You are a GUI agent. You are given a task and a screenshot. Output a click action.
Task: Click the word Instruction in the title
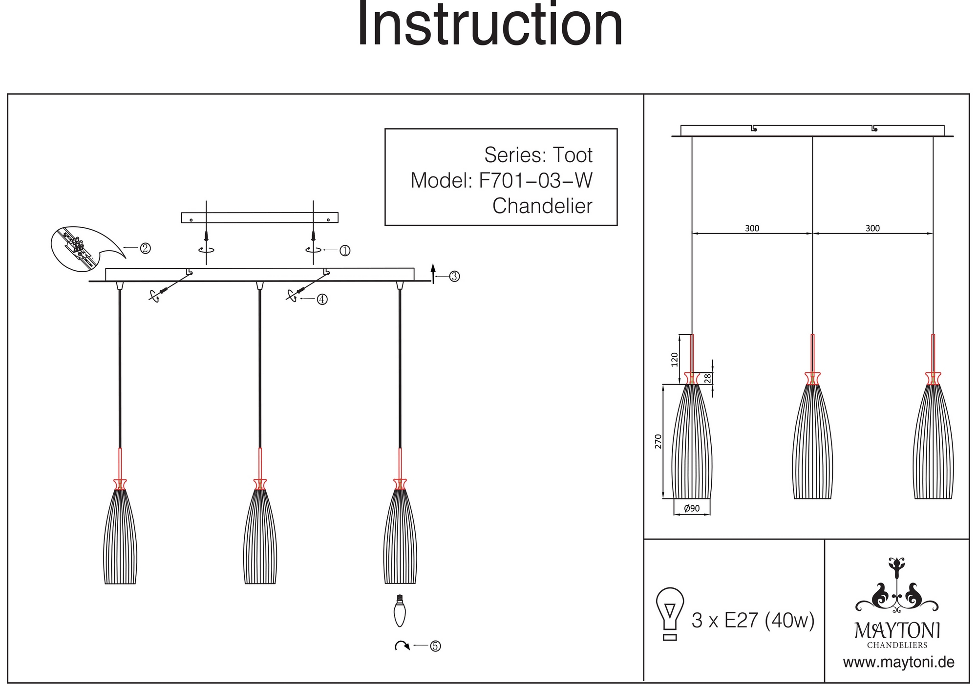coord(490,24)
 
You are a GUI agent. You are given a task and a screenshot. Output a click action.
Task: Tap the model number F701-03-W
coord(535,181)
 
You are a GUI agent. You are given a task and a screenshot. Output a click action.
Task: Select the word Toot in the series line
coord(572,155)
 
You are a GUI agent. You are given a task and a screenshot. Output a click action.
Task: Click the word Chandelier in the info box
coord(542,206)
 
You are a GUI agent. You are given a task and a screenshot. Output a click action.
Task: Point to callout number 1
coord(345,251)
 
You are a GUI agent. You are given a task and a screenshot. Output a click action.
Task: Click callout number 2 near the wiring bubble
coord(145,248)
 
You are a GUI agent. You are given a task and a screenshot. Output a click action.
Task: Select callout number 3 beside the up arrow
coord(454,277)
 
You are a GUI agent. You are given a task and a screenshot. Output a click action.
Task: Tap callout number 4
coord(322,300)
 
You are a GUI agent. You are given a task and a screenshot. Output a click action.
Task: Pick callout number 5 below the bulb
coord(435,646)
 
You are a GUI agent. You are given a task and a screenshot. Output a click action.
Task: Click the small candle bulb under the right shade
coord(400,611)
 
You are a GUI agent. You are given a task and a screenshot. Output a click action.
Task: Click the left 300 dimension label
coord(752,228)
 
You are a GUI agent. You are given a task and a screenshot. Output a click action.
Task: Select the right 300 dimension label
coord(872,228)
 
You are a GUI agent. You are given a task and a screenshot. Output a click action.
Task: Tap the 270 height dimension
coord(658,441)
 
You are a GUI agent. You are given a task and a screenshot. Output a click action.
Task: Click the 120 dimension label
coord(675,359)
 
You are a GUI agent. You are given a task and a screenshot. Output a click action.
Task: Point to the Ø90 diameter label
coord(692,508)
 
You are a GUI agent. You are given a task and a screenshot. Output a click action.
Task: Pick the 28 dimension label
coord(707,378)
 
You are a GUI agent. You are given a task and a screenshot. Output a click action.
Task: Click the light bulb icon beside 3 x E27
coord(670,613)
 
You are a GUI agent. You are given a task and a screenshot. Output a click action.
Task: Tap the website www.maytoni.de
coord(898,663)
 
